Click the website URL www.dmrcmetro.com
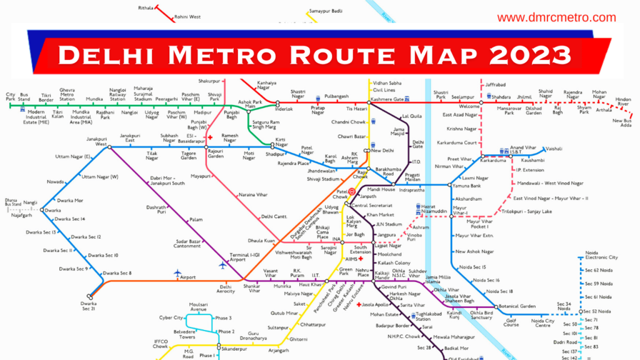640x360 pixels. tap(556, 17)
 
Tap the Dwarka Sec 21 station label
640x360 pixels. tap(88, 306)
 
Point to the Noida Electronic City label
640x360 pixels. tap(601, 255)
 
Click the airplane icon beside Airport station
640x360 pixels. tap(177, 274)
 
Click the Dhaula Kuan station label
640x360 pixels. tap(261, 240)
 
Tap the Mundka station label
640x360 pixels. tap(95, 99)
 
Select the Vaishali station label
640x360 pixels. tap(554, 149)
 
